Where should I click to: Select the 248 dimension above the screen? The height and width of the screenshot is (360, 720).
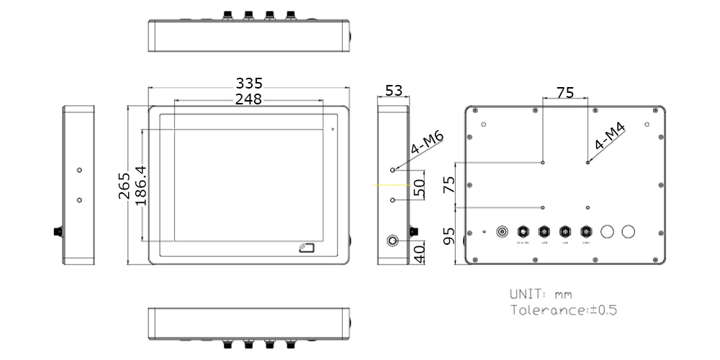[x=248, y=99]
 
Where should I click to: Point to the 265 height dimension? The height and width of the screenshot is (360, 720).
[x=124, y=186]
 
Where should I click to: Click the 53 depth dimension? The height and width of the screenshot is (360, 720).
[x=394, y=91]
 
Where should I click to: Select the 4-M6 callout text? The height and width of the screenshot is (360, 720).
[x=426, y=144]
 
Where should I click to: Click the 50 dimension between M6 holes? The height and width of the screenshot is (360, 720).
[x=420, y=189]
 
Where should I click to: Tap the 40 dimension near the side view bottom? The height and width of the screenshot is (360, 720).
[x=420, y=253]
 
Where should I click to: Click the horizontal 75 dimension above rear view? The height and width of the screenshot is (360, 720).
[x=565, y=92]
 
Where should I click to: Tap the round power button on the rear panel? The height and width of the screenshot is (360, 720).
[x=503, y=232]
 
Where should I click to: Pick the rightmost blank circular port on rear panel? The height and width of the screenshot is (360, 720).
[x=628, y=232]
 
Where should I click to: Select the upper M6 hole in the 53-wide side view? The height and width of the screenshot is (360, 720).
[x=393, y=171]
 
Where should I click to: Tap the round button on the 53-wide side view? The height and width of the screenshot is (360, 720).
[x=394, y=240]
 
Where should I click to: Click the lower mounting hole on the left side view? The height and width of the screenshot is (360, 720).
[x=79, y=199]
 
